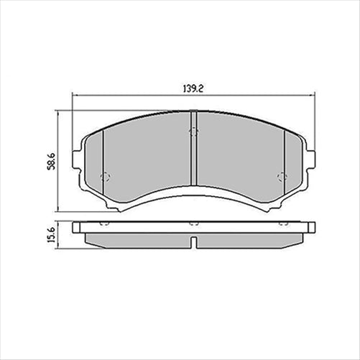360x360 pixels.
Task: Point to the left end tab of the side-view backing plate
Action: pyautogui.click(x=78, y=228)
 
